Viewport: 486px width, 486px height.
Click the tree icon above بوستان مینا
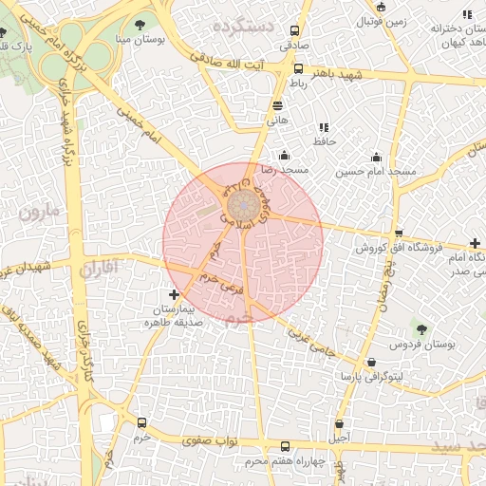tap(140, 25)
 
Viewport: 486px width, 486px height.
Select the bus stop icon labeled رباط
tap(298, 68)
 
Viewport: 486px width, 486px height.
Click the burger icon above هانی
tap(277, 106)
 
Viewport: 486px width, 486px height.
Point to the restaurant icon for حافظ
tap(325, 127)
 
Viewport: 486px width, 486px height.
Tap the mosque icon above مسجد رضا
tap(284, 156)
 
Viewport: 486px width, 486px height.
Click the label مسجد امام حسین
tap(377, 172)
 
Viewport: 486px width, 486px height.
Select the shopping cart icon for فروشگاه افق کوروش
tap(400, 234)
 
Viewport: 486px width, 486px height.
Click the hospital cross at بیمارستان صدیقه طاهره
tap(173, 296)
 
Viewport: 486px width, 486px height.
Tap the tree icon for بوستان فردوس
tap(421, 329)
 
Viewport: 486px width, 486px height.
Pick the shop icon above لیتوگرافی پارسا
tap(371, 363)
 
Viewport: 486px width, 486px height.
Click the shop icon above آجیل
tap(339, 423)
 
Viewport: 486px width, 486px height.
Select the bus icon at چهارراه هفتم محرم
tap(286, 446)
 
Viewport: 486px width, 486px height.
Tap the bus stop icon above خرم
tap(142, 423)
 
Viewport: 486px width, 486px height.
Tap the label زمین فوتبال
tap(383, 20)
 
